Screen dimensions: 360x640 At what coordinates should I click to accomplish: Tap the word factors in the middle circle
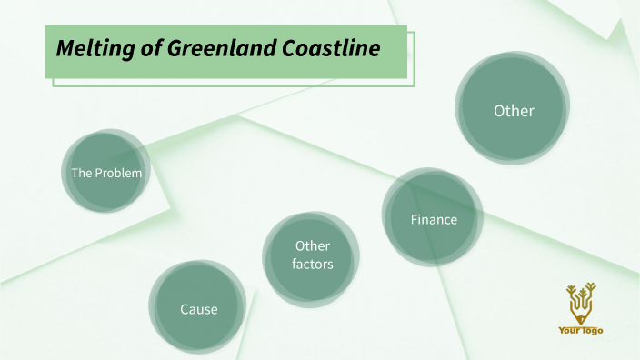pos(312,265)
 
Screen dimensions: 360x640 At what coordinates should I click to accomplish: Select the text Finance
pos(434,220)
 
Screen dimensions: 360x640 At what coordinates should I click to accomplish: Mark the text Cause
pos(198,309)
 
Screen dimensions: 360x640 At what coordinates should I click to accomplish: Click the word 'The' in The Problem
pos(82,173)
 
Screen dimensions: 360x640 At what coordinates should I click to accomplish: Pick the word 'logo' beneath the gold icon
pos(593,331)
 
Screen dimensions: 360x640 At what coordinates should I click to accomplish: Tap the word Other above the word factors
pos(312,246)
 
